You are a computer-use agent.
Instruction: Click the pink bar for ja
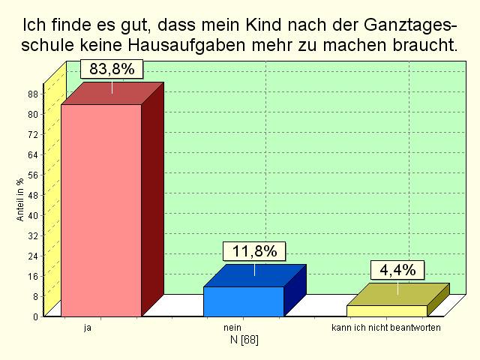[101, 210]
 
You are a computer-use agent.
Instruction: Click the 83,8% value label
[112, 70]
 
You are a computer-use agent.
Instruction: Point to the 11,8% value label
[254, 251]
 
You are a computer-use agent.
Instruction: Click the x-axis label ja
[88, 328]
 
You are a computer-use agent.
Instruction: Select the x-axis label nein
[232, 328]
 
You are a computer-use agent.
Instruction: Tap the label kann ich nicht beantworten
[386, 328]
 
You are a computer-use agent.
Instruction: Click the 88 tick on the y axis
[32, 94]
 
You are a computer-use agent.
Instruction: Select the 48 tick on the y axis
[32, 195]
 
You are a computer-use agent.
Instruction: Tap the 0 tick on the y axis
[35, 316]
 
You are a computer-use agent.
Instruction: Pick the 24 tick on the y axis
[32, 256]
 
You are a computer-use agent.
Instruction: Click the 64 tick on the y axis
[32, 154]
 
